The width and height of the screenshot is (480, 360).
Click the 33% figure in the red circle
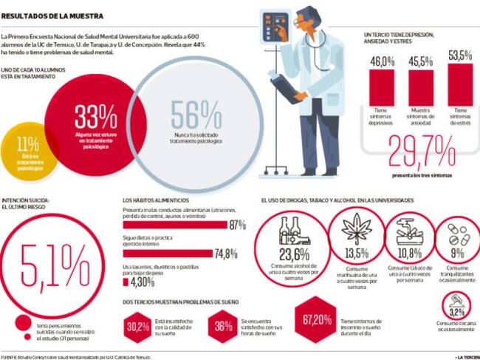[95, 117]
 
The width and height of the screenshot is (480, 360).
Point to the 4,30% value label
[143, 282]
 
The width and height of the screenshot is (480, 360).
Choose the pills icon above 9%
[457, 234]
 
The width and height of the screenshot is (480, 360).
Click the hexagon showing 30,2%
[137, 326]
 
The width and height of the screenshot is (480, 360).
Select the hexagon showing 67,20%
[315, 320]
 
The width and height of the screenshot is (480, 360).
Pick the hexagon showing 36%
[222, 326]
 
